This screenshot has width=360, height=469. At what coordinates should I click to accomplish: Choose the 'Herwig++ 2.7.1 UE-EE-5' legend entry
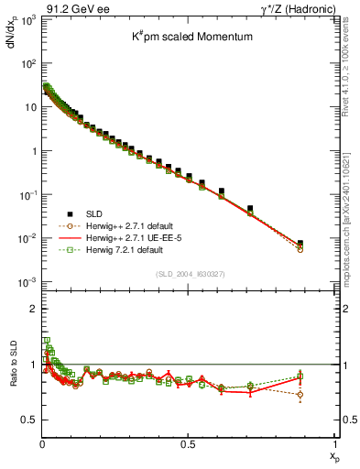pyautogui.click(x=128, y=237)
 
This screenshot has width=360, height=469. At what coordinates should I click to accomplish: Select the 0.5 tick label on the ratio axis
pyautogui.click(x=28, y=420)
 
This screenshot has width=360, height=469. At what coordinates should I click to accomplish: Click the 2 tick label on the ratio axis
pyautogui.click(x=32, y=309)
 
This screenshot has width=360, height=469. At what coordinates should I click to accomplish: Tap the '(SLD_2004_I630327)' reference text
pyautogui.click(x=189, y=273)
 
